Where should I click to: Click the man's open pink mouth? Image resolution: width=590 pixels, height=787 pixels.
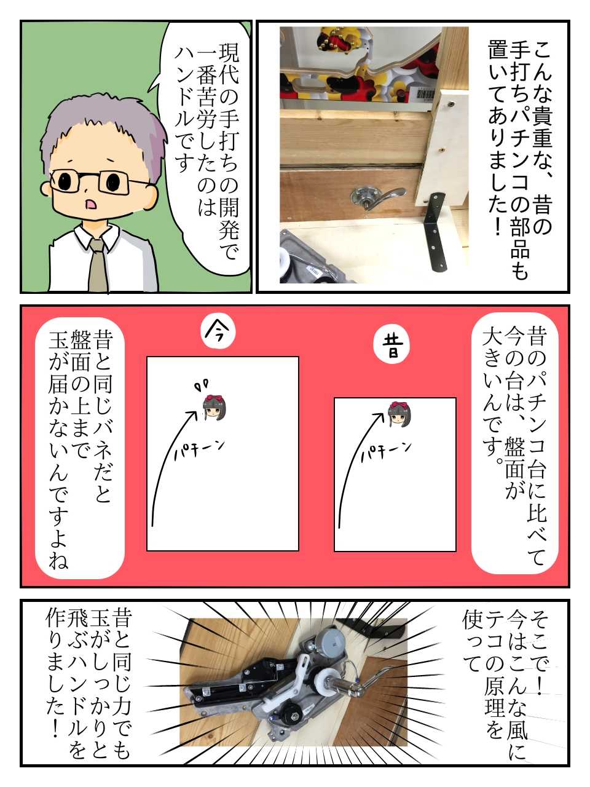pyautogui.click(x=90, y=204)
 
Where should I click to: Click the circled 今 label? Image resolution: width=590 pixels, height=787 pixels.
pyautogui.click(x=218, y=333)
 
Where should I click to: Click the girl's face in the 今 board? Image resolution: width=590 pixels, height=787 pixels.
pyautogui.click(x=214, y=408)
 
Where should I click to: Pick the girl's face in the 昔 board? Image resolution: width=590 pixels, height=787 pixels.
pyautogui.click(x=399, y=414)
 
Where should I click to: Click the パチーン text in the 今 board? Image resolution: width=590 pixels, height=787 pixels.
pyautogui.click(x=199, y=450)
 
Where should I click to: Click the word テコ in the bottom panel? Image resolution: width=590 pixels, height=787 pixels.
pyautogui.click(x=494, y=636)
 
